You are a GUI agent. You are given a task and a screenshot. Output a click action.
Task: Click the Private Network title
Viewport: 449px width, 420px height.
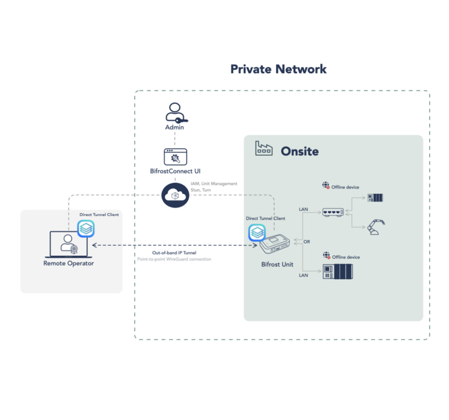tap(278, 69)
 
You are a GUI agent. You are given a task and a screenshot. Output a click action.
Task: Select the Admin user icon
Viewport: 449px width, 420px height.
tap(175, 113)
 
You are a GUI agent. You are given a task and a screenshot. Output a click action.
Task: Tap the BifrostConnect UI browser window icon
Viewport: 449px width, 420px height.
tap(175, 157)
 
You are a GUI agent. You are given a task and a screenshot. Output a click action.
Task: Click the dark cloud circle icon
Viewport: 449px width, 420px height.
tap(174, 195)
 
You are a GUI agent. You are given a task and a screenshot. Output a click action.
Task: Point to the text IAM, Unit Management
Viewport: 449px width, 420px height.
tap(214, 183)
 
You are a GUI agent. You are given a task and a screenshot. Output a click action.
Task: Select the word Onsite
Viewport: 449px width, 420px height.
tap(300, 151)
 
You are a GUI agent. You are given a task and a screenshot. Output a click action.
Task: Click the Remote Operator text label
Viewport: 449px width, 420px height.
tap(68, 263)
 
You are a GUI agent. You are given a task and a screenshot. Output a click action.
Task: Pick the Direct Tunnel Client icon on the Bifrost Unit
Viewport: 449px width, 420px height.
tap(257, 232)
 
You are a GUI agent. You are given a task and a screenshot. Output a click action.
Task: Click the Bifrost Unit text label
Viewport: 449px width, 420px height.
tap(277, 265)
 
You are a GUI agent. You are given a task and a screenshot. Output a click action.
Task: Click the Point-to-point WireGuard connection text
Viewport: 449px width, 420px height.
tap(174, 259)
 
